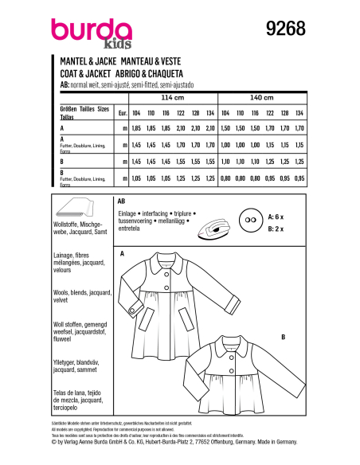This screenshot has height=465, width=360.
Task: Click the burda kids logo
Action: click(80, 32)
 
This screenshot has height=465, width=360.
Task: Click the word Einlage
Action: click(128, 215)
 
